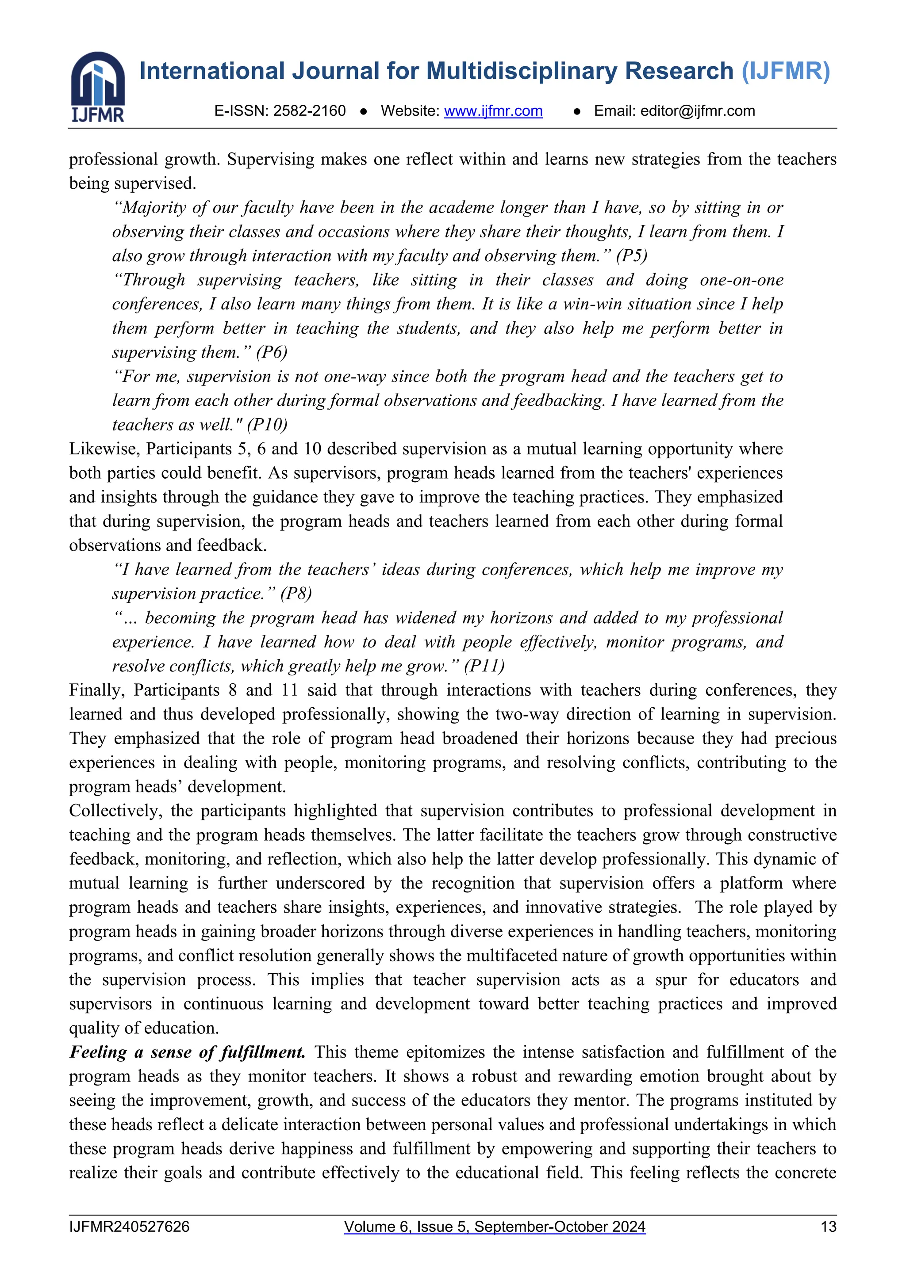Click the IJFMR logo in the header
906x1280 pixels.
98,87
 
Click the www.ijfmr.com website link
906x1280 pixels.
493,111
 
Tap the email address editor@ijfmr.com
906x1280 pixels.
697,111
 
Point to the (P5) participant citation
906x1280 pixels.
632,256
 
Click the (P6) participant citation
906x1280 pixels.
272,352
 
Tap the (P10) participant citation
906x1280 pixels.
267,425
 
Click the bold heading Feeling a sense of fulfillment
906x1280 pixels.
188,1052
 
